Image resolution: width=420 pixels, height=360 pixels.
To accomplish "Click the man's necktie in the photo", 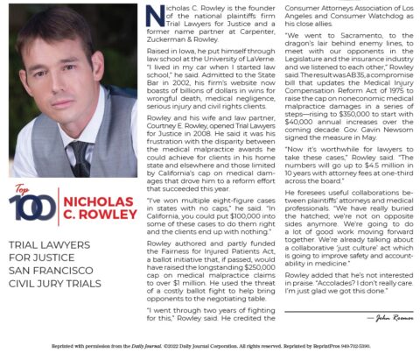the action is (80, 155).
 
